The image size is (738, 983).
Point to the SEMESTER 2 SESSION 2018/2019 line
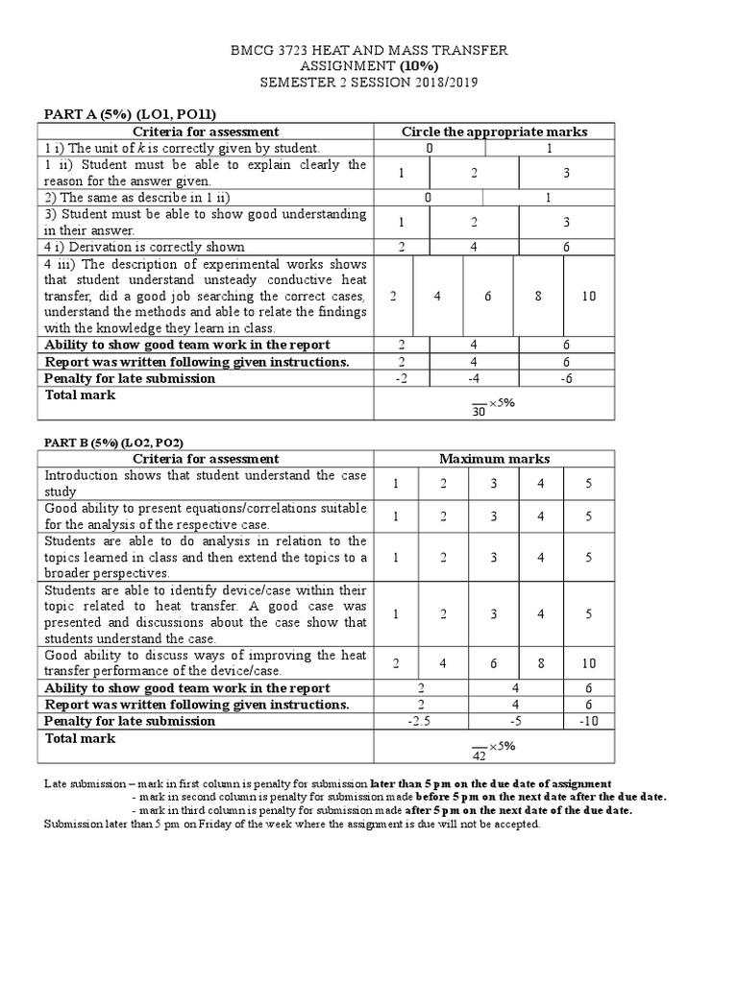point(369,83)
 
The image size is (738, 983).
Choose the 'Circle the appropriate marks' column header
point(494,132)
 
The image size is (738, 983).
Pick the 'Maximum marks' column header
point(494,459)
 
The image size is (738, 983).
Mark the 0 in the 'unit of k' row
point(430,148)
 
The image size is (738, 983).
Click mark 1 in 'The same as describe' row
point(548,197)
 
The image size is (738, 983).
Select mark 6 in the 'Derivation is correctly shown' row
point(566,247)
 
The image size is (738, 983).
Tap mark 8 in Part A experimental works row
point(539,296)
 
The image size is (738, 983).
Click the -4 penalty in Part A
point(475,378)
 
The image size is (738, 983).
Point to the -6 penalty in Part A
point(566,378)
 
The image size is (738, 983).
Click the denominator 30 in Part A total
point(479,412)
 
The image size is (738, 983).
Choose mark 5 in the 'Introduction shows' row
point(588,484)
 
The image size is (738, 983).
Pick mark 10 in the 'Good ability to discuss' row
point(588,663)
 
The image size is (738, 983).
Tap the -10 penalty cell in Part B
point(588,721)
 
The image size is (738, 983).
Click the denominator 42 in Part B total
point(479,755)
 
